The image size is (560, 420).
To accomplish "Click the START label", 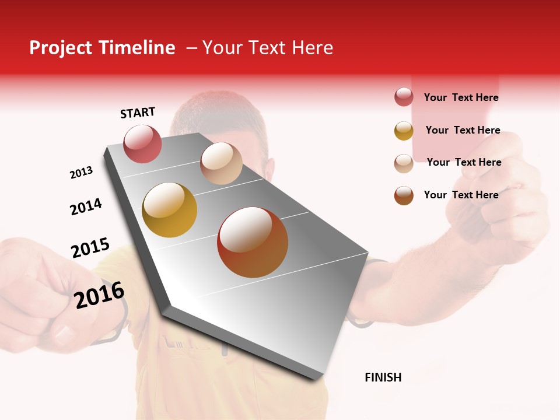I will click(138, 113).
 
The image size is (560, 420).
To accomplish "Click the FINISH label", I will click(383, 377).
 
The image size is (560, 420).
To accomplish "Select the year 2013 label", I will click(81, 173).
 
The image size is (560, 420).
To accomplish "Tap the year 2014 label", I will click(86, 206).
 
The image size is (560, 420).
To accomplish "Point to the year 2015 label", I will click(90, 248).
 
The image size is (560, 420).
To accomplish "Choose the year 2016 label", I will click(100, 295).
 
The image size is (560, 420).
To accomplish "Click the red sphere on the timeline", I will click(143, 143).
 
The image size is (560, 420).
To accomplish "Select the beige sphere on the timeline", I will click(221, 163).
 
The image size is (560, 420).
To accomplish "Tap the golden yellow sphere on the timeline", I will click(170, 210).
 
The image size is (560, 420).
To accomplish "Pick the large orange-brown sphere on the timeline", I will click(253, 242).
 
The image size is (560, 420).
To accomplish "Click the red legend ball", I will click(404, 97).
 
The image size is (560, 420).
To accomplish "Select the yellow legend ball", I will click(404, 131).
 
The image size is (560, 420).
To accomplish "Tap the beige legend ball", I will click(404, 163).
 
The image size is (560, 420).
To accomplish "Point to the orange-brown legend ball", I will click(404, 195).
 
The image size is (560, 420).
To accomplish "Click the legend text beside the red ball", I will click(461, 97).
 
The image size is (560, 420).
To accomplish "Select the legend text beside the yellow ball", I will click(463, 130).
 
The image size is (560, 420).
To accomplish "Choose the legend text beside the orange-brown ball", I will click(461, 195).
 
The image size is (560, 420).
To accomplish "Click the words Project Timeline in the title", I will click(102, 48).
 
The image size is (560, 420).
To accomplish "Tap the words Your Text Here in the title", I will click(267, 48).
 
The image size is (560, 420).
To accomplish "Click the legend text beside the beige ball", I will click(464, 162).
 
